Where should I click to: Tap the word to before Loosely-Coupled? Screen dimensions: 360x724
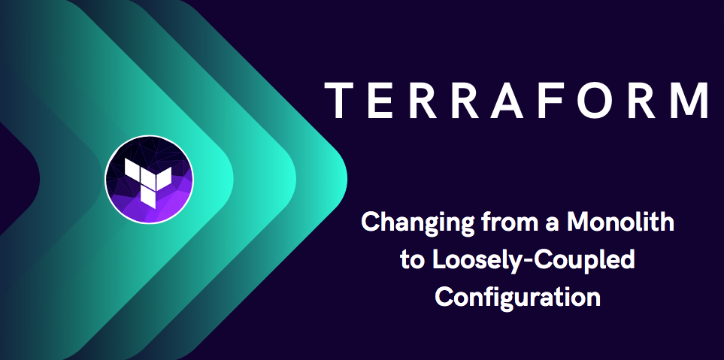tap(412, 260)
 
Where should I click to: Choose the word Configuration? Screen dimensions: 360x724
tap(518, 297)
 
